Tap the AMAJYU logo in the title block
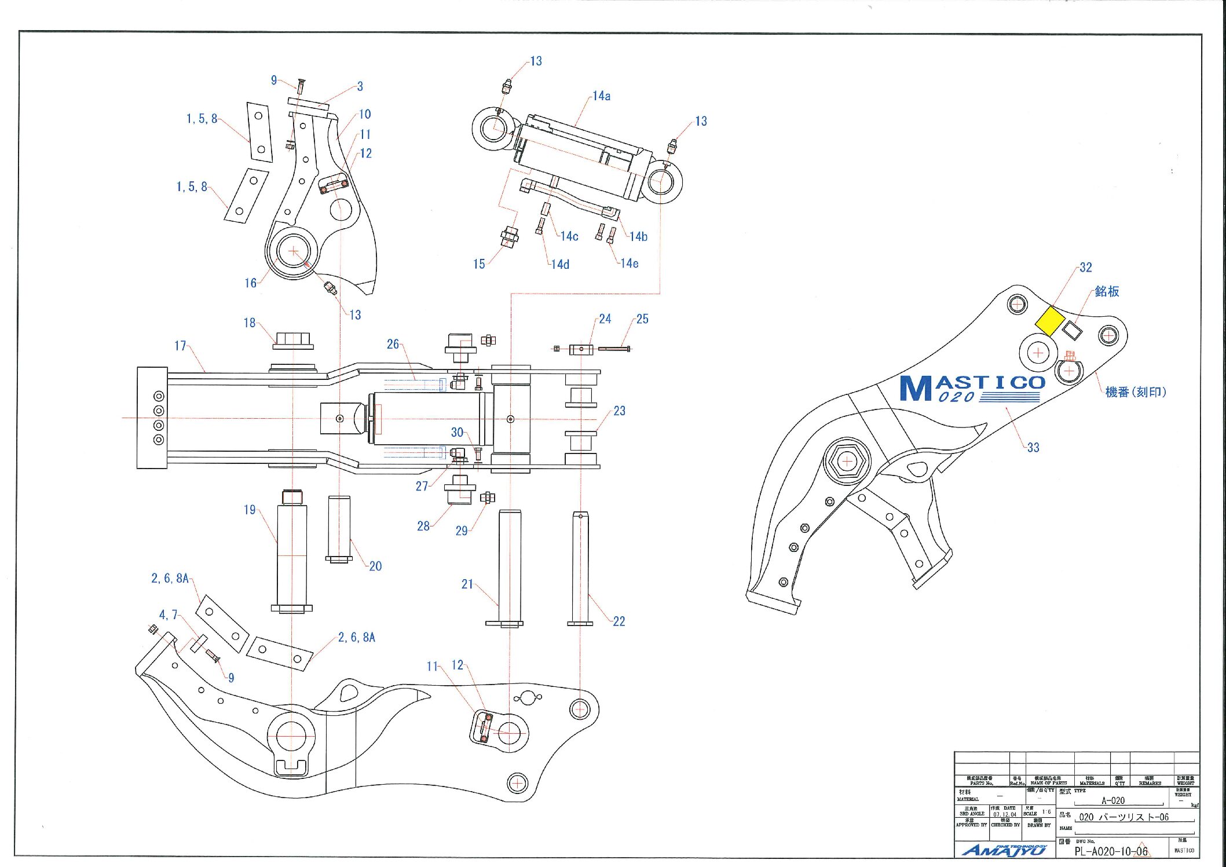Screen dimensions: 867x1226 tap(1004, 850)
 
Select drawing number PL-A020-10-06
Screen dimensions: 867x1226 tap(1111, 851)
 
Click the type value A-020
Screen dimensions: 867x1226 tap(1112, 800)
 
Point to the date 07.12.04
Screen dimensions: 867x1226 tap(1005, 814)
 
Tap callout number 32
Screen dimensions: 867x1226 tap(1085, 268)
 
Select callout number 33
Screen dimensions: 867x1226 tap(1033, 447)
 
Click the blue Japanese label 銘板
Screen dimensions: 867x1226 tap(1107, 291)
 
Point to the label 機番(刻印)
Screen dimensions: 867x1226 tap(1135, 392)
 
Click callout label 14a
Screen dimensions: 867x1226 tap(601, 96)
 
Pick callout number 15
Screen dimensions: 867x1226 tap(479, 264)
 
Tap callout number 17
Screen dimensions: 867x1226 tap(180, 346)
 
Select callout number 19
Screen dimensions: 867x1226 tap(250, 510)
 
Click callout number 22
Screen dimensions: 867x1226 tap(619, 621)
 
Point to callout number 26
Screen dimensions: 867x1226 tap(393, 344)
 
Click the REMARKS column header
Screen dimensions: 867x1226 tap(1150, 781)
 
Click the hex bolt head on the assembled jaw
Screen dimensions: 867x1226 tap(847, 462)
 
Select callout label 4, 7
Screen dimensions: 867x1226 tap(168, 614)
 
